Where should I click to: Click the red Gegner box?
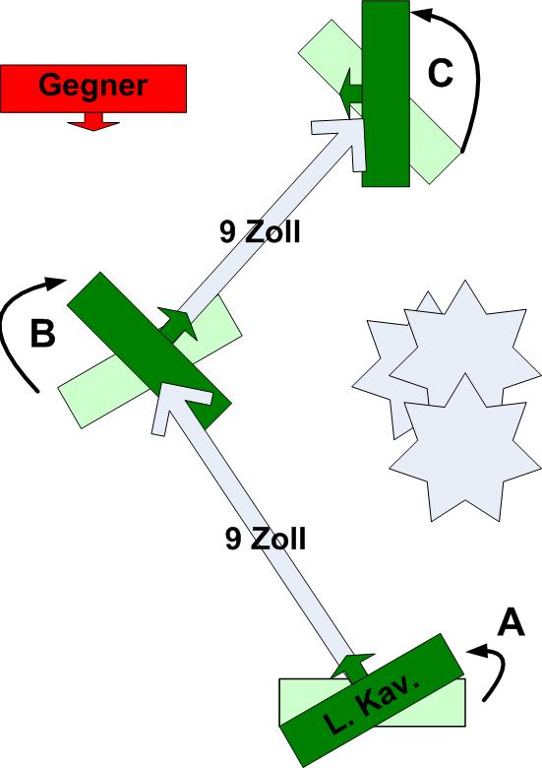[92, 89]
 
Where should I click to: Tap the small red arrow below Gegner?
[92, 121]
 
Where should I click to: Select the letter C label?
[440, 74]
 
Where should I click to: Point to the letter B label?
[42, 333]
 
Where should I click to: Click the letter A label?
[511, 623]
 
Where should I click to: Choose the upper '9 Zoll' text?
[260, 231]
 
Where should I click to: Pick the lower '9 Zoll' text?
[266, 539]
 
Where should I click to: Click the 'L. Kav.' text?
[372, 704]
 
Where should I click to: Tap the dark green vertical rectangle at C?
[386, 94]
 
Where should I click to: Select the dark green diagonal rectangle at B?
[150, 351]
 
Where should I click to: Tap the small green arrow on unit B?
[179, 324]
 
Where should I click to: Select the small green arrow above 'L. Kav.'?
[353, 667]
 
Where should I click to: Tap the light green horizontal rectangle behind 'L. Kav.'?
[372, 702]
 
